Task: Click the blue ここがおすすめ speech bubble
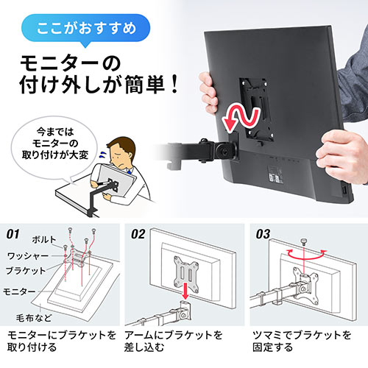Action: pos(86,28)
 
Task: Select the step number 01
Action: pos(13,234)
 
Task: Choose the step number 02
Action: pos(138,234)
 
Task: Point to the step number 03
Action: pos(263,234)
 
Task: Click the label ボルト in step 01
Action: pos(44,240)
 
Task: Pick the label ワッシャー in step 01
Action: pos(28,256)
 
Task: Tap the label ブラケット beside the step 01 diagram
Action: pos(26,271)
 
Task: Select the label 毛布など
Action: pos(34,318)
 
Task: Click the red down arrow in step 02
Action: pos(185,291)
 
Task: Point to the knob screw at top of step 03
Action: pos(304,241)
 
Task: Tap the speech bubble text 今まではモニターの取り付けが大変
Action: pos(55,144)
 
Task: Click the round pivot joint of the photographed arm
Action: pos(224,152)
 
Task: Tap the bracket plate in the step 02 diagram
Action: pos(186,271)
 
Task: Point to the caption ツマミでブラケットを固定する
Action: pos(302,342)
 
